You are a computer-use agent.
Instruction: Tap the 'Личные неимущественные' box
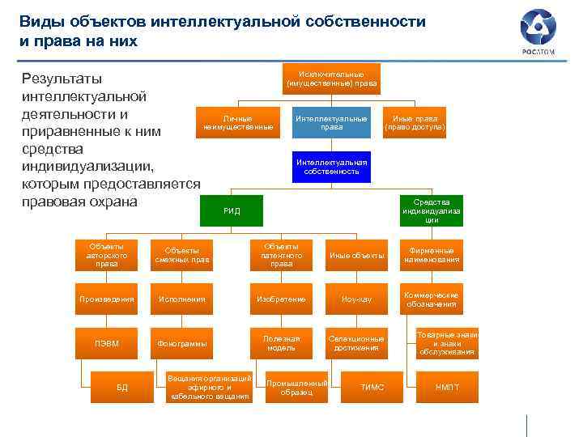tap(239, 122)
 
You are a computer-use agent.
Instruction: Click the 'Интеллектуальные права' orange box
tap(331, 122)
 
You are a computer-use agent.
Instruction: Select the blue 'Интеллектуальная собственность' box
tap(331, 167)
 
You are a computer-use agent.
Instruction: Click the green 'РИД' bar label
tap(232, 211)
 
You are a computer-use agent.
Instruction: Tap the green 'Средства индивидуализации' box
tap(432, 210)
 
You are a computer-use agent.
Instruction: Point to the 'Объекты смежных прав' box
tap(182, 255)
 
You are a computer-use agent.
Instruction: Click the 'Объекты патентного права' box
tap(282, 255)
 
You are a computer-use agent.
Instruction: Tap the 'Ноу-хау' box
tap(356, 299)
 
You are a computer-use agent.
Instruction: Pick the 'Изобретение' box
tap(282, 299)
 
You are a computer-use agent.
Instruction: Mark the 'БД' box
tap(122, 388)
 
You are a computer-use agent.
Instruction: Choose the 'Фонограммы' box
tap(182, 343)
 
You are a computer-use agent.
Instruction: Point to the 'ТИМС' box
tap(372, 388)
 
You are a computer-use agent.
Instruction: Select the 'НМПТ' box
tap(447, 388)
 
